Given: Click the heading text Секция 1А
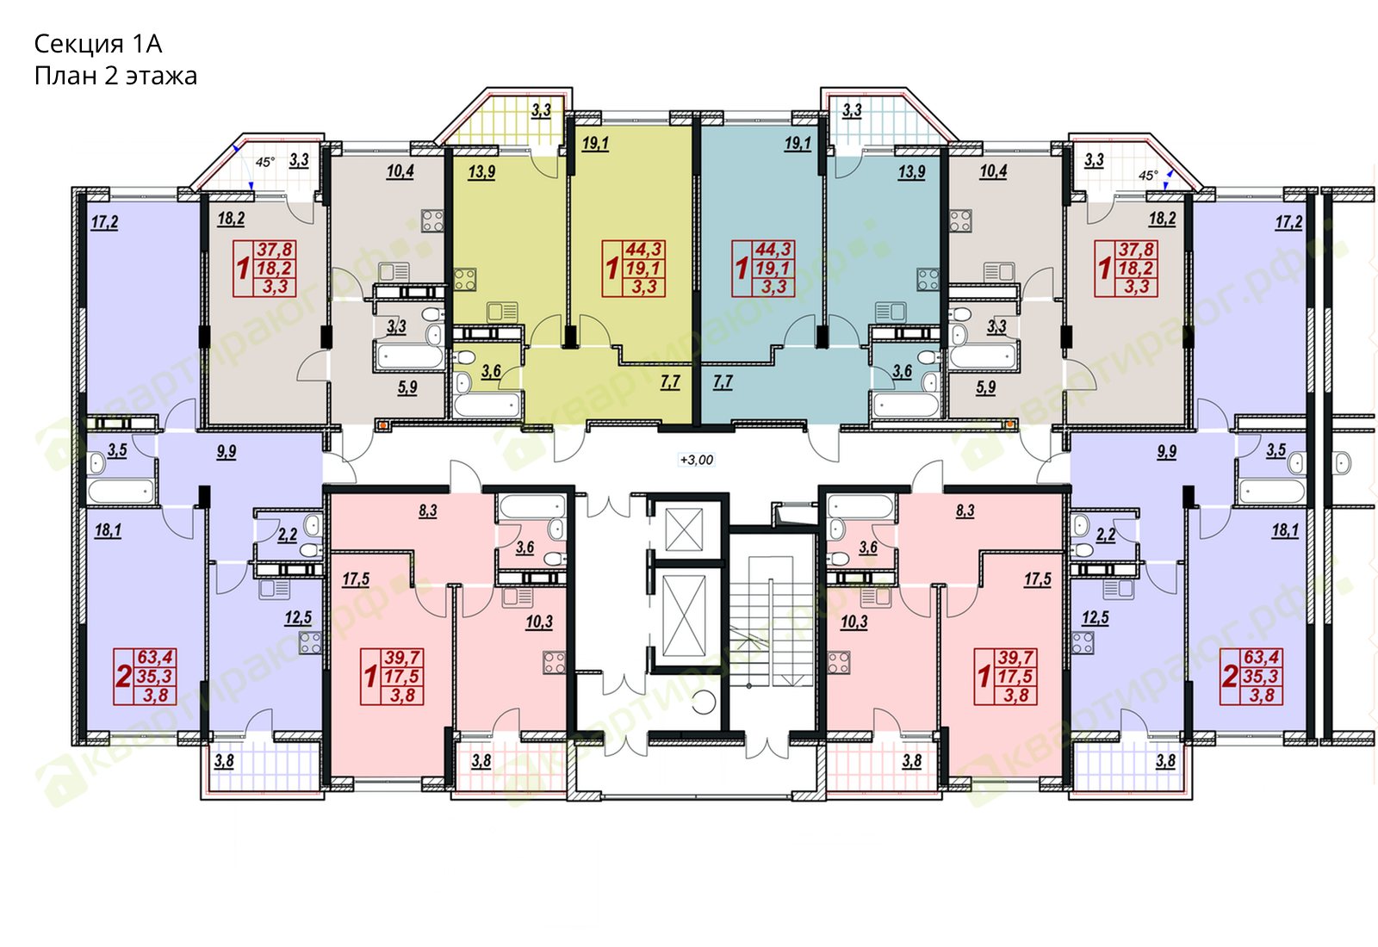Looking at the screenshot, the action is pos(98,44).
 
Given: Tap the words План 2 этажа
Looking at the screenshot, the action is pos(115,77).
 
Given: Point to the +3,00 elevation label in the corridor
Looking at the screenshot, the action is pos(697,460).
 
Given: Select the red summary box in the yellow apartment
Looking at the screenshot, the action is pos(634,269).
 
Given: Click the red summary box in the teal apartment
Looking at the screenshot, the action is pos(763,269).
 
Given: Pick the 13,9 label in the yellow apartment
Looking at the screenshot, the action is pos(481,172).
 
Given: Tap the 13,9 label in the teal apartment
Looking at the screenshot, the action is pos(911,172).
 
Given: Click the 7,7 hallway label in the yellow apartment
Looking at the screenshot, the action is pos(670,382).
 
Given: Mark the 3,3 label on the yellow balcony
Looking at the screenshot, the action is pos(541,111).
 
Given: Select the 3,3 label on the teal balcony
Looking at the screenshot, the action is pos(852,111).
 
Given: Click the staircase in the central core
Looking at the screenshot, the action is pos(772,621).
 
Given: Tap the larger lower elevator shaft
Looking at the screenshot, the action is pos(684,616).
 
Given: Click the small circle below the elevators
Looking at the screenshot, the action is pos(704,702).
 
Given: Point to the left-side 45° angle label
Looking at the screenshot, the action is pos(265,163).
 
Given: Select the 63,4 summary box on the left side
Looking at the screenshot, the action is pos(146,677).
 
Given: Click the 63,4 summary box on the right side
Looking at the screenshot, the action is pos(1251,677).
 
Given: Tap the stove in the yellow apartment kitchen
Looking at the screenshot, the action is pos(465,280).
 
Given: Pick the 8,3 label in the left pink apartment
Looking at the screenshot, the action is pos(427,511).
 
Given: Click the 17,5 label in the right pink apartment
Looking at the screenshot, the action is pos(1037,579).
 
